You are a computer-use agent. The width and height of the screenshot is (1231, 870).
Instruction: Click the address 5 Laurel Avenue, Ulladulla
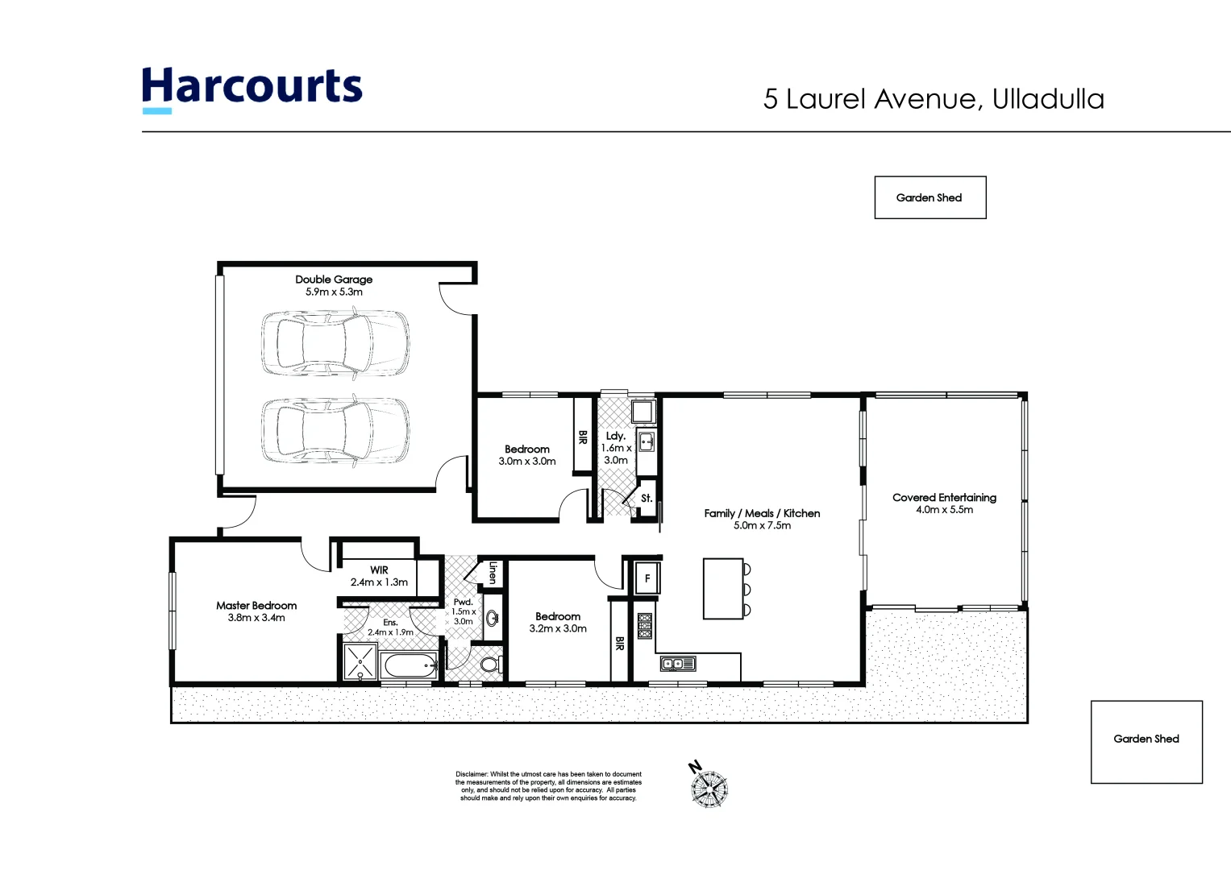pyautogui.click(x=934, y=99)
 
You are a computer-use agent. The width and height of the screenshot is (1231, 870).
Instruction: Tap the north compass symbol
pyautogui.click(x=709, y=786)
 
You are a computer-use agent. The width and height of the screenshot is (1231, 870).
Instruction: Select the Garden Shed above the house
pyautogui.click(x=929, y=197)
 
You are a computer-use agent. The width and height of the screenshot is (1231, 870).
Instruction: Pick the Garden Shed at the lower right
pyautogui.click(x=1146, y=741)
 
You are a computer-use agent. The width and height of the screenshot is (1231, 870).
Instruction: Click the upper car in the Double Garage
pyautogui.click(x=335, y=342)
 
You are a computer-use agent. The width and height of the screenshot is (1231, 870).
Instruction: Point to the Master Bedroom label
pyautogui.click(x=256, y=606)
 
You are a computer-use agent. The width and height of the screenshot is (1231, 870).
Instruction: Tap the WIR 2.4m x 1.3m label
pyautogui.click(x=379, y=576)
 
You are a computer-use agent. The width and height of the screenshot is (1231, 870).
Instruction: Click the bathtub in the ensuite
pyautogui.click(x=410, y=666)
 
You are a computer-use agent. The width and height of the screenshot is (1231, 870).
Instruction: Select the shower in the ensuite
pyautogui.click(x=360, y=662)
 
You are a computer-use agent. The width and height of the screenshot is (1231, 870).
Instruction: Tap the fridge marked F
pyautogui.click(x=647, y=578)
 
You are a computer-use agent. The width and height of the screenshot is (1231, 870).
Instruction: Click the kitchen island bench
pyautogui.click(x=723, y=589)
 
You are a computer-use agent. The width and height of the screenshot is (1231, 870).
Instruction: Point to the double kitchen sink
pyautogui.click(x=678, y=664)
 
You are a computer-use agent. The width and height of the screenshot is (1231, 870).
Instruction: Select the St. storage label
pyautogui.click(x=647, y=499)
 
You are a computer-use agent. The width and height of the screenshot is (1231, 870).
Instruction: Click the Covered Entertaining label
pyautogui.click(x=944, y=498)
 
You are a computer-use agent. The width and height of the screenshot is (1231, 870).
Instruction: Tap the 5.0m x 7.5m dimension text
pyautogui.click(x=762, y=525)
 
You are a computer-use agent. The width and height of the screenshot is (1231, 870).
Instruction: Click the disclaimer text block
pyautogui.click(x=548, y=786)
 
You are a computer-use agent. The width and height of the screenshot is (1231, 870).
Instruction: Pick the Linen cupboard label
pyautogui.click(x=492, y=573)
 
